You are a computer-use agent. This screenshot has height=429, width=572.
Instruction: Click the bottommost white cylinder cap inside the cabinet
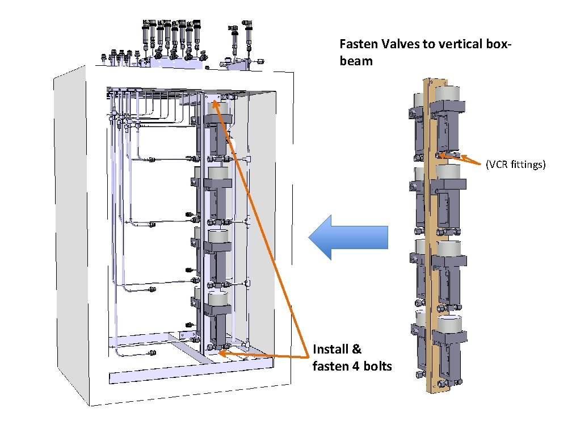pyautogui.click(x=218, y=298)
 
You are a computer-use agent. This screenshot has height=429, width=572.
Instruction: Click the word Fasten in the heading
pyautogui.click(x=356, y=44)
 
